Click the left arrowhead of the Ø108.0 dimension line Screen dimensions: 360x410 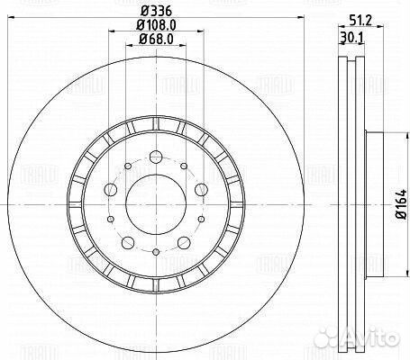111,31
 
